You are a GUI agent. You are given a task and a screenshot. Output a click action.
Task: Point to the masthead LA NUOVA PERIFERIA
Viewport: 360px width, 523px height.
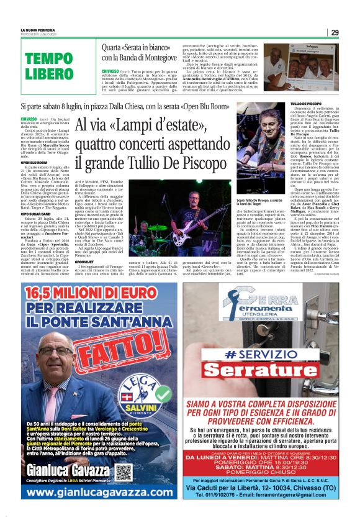(38, 30)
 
